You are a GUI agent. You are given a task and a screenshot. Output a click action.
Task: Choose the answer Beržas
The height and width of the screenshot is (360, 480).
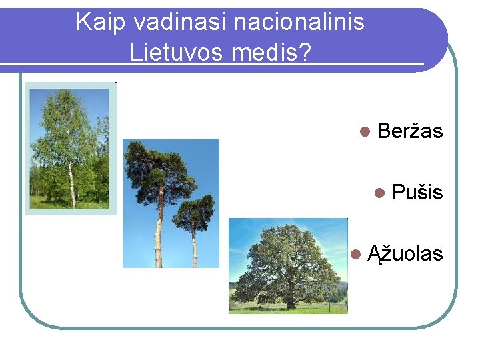tap(409, 131)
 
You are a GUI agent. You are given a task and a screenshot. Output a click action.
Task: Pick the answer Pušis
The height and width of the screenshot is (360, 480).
tap(417, 193)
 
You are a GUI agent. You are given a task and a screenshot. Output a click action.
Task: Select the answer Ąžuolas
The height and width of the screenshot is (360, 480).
tap(405, 254)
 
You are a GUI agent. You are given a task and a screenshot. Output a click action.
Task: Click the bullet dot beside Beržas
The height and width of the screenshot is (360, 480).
tap(364, 132)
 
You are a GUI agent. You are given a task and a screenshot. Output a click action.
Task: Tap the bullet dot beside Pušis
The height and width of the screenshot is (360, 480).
tap(379, 193)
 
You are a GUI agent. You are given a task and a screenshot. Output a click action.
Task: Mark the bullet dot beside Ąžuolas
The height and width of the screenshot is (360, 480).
tap(355, 255)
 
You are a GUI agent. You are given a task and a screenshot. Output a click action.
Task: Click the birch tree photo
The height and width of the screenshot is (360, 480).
tap(70, 149)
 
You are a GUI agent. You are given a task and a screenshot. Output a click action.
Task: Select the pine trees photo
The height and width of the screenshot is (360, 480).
tap(171, 203)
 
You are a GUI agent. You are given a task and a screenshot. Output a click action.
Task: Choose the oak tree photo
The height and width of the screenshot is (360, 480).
tap(288, 265)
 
